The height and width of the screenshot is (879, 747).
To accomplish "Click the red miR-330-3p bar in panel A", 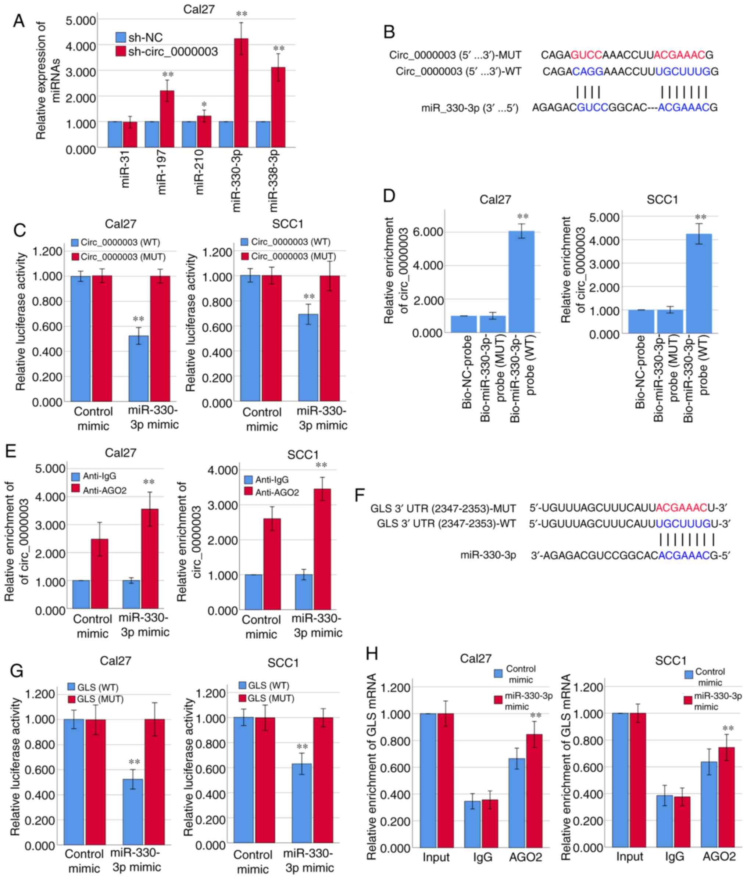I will click(x=241, y=93).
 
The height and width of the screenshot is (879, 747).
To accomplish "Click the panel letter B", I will click(x=389, y=33).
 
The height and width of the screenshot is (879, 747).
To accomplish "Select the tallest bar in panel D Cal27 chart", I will click(x=522, y=281).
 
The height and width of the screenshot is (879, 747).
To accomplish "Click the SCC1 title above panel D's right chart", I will click(x=662, y=200).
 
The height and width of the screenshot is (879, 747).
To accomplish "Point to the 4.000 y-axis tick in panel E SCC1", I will click(x=223, y=471).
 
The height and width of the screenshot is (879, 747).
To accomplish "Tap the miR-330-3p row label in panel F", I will click(x=488, y=555).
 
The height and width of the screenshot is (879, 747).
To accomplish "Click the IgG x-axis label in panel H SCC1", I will click(x=675, y=857).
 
